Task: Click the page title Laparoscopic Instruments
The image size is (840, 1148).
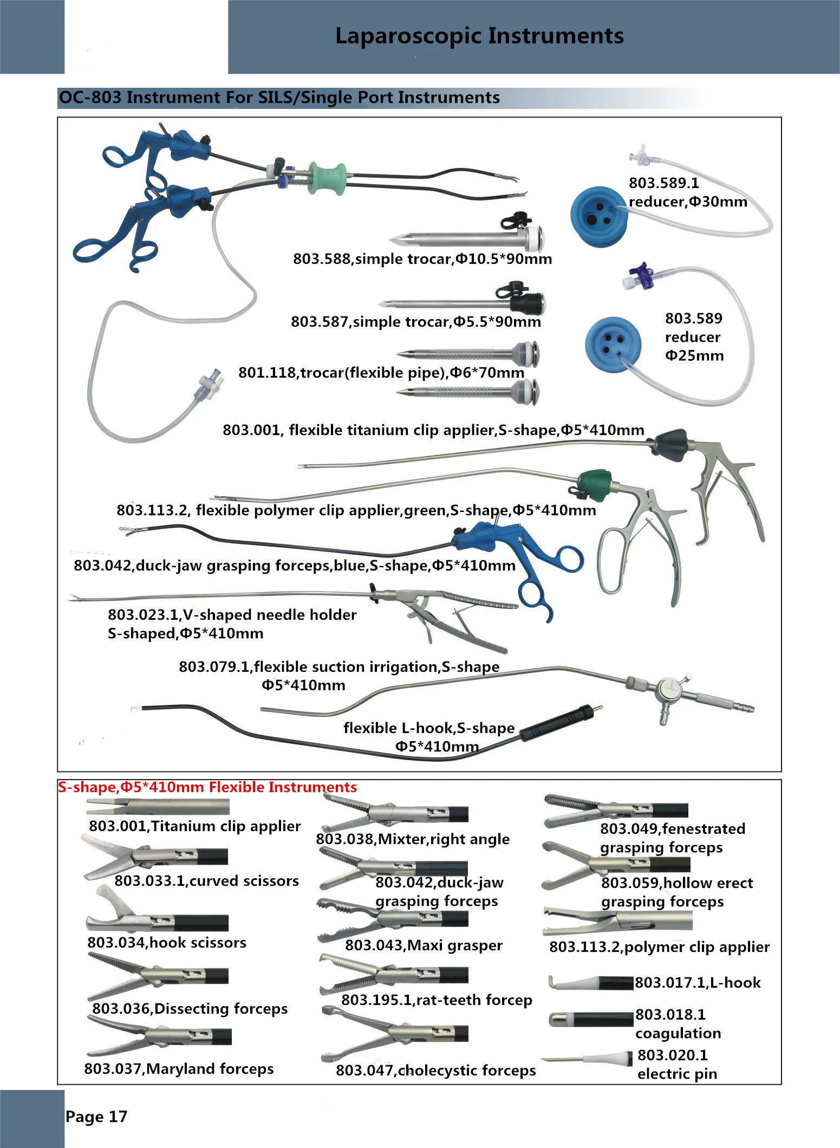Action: point(479,36)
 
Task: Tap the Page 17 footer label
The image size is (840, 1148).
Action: point(96,1116)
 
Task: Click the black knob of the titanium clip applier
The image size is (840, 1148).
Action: point(670,445)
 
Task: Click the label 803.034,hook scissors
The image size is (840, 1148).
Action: point(167,943)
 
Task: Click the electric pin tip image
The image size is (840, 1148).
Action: point(587,1059)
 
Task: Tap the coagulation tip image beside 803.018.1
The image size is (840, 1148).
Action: point(591,1019)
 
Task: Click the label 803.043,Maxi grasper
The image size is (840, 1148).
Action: point(424,945)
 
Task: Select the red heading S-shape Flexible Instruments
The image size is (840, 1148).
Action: point(207,787)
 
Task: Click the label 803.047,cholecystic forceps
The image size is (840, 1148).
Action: point(436,1070)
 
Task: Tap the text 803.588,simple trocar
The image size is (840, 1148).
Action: point(372,259)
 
